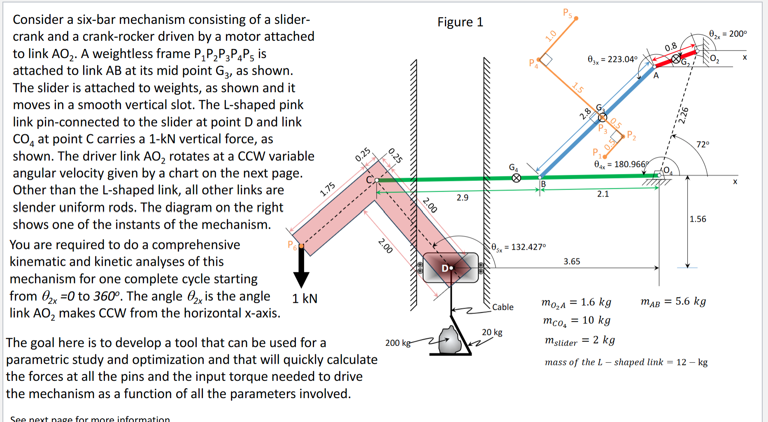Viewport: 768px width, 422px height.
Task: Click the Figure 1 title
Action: (x=460, y=22)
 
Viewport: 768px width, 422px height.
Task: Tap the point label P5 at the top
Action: (x=567, y=13)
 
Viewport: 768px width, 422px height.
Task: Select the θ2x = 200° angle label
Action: (x=728, y=34)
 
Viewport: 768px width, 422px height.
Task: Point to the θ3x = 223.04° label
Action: (x=612, y=60)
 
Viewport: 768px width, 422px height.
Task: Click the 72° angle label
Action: (x=703, y=144)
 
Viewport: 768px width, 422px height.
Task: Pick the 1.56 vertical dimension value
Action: (x=698, y=219)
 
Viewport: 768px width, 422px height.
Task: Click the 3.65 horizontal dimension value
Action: (x=572, y=261)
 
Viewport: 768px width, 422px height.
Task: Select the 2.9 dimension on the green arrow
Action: (x=462, y=197)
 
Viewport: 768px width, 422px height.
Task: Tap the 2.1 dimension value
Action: (x=603, y=194)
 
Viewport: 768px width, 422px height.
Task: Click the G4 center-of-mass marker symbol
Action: (x=516, y=178)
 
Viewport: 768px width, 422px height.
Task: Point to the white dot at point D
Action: (x=451, y=268)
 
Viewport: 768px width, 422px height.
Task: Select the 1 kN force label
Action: (x=305, y=299)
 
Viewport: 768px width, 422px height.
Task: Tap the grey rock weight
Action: (x=450, y=341)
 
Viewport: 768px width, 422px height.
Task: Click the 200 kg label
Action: (x=398, y=343)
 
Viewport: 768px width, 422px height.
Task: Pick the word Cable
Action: (x=503, y=307)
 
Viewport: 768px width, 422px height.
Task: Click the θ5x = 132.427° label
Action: (x=519, y=247)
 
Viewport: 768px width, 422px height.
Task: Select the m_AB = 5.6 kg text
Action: (x=673, y=302)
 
